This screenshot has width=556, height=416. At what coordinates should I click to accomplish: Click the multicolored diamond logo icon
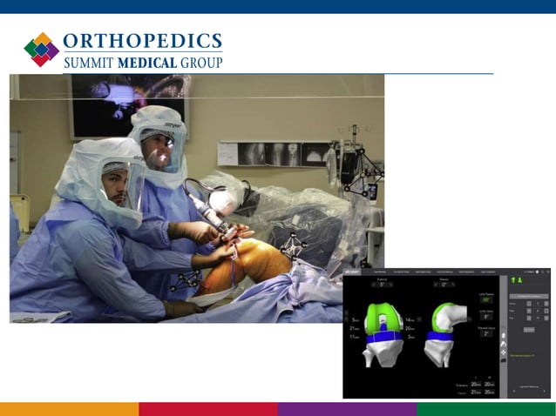pyautogui.click(x=42, y=50)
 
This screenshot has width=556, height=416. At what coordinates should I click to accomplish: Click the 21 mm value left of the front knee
pyautogui.click(x=355, y=328)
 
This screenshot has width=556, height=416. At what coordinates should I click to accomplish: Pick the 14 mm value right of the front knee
pyautogui.click(x=410, y=319)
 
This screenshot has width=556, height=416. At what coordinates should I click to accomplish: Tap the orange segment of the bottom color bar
pyautogui.click(x=69, y=409)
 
